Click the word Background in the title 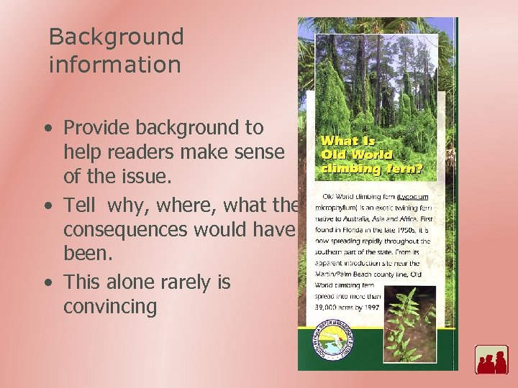point(116,37)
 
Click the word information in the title point(114,65)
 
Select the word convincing point(110,307)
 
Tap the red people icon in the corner point(491,360)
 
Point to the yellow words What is point(348,142)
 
